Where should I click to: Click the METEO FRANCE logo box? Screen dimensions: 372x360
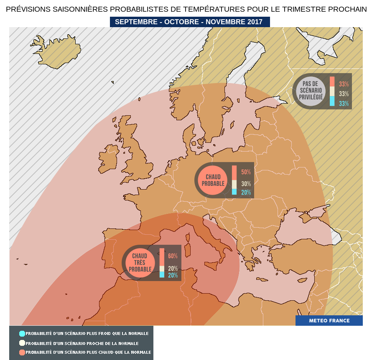pos(329,321)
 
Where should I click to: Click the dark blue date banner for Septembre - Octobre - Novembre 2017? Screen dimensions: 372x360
pos(190,22)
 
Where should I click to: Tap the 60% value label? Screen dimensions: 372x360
pos(173,256)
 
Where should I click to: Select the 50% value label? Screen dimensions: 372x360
pos(246,172)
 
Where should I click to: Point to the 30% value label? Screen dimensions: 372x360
pos(246,184)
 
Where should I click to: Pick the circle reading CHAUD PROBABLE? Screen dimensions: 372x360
pos(213,180)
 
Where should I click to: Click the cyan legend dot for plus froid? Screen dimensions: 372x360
pos(22,333)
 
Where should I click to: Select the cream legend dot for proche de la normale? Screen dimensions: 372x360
pos(22,343)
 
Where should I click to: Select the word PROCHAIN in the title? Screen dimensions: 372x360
pos(347,9)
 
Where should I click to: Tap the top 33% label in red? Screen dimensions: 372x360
pos(344,84)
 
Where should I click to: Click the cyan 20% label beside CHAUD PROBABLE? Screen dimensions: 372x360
pos(246,193)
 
